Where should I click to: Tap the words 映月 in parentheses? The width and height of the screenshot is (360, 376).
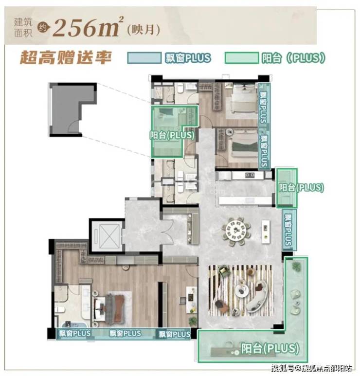(144, 30)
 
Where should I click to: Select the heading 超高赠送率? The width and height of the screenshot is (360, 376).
(66, 57)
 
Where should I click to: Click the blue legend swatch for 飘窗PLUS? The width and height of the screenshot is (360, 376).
(144, 58)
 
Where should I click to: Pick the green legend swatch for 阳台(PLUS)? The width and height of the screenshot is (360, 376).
(242, 58)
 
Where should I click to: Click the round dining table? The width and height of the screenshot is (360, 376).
(236, 231)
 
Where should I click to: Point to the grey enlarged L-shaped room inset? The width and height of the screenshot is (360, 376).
(72, 109)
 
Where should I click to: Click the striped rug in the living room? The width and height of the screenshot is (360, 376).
(241, 291)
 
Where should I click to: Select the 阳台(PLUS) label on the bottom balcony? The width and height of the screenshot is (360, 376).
(270, 348)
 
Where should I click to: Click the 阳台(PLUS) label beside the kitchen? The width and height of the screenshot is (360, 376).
(301, 187)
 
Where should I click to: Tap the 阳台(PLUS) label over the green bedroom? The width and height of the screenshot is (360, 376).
(172, 135)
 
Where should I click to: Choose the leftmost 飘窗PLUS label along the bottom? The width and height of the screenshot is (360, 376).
(75, 333)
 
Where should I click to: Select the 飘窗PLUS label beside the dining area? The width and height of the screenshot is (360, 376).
(288, 230)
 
